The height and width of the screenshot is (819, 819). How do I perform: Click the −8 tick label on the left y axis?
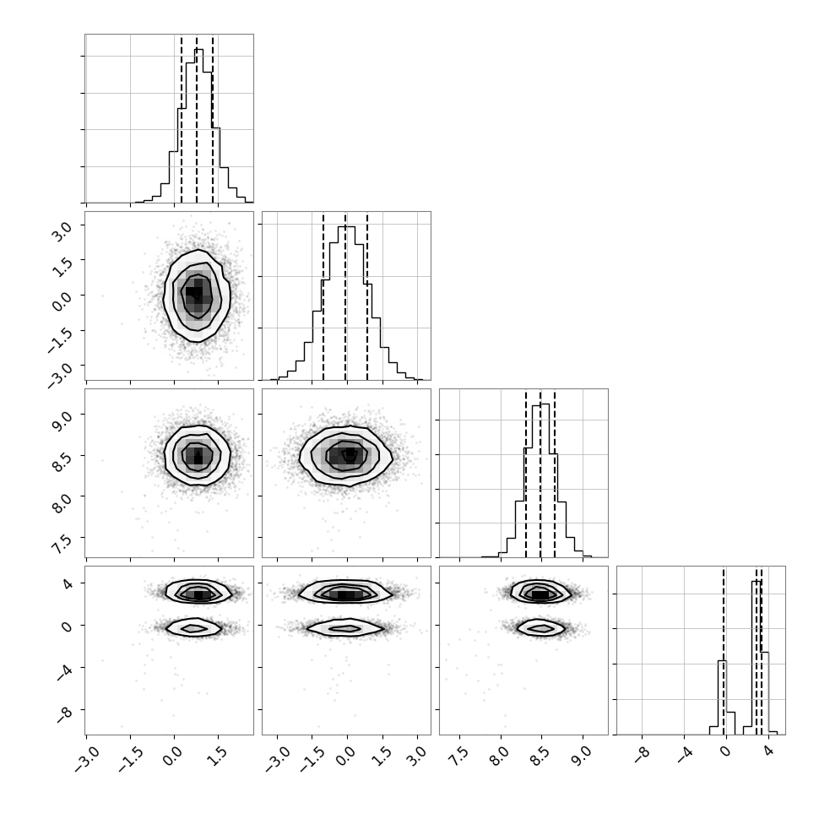tap(63, 713)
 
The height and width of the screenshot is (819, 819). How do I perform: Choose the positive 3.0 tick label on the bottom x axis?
tap(415, 755)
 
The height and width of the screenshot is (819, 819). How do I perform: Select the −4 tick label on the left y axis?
tap(63, 671)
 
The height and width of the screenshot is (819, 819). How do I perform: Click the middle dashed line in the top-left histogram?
tap(197, 119)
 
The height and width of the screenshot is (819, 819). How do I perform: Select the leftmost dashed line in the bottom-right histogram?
tap(724, 651)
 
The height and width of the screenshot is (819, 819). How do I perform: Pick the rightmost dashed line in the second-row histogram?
tap(367, 296)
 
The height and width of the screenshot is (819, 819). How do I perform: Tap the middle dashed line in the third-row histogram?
tap(540, 474)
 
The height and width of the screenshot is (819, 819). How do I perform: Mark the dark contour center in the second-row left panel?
tap(193, 294)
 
